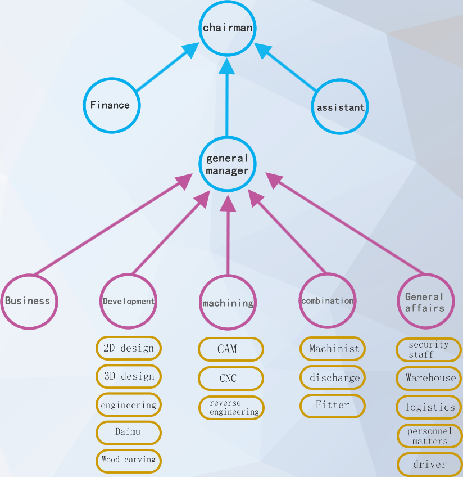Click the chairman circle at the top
tap(227, 28)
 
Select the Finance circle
tap(111, 105)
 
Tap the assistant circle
tap(340, 107)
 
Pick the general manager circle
tap(227, 164)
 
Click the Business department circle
tap(28, 301)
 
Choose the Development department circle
tap(129, 301)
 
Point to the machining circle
tap(228, 303)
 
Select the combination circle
tap(328, 301)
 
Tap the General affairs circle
tap(425, 301)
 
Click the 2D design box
tap(129, 348)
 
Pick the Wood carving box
tap(129, 460)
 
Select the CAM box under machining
tap(230, 349)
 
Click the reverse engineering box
tap(231, 408)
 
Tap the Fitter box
tap(332, 406)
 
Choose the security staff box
tap(429, 349)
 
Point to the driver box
tap(430, 465)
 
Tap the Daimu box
tap(129, 432)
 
